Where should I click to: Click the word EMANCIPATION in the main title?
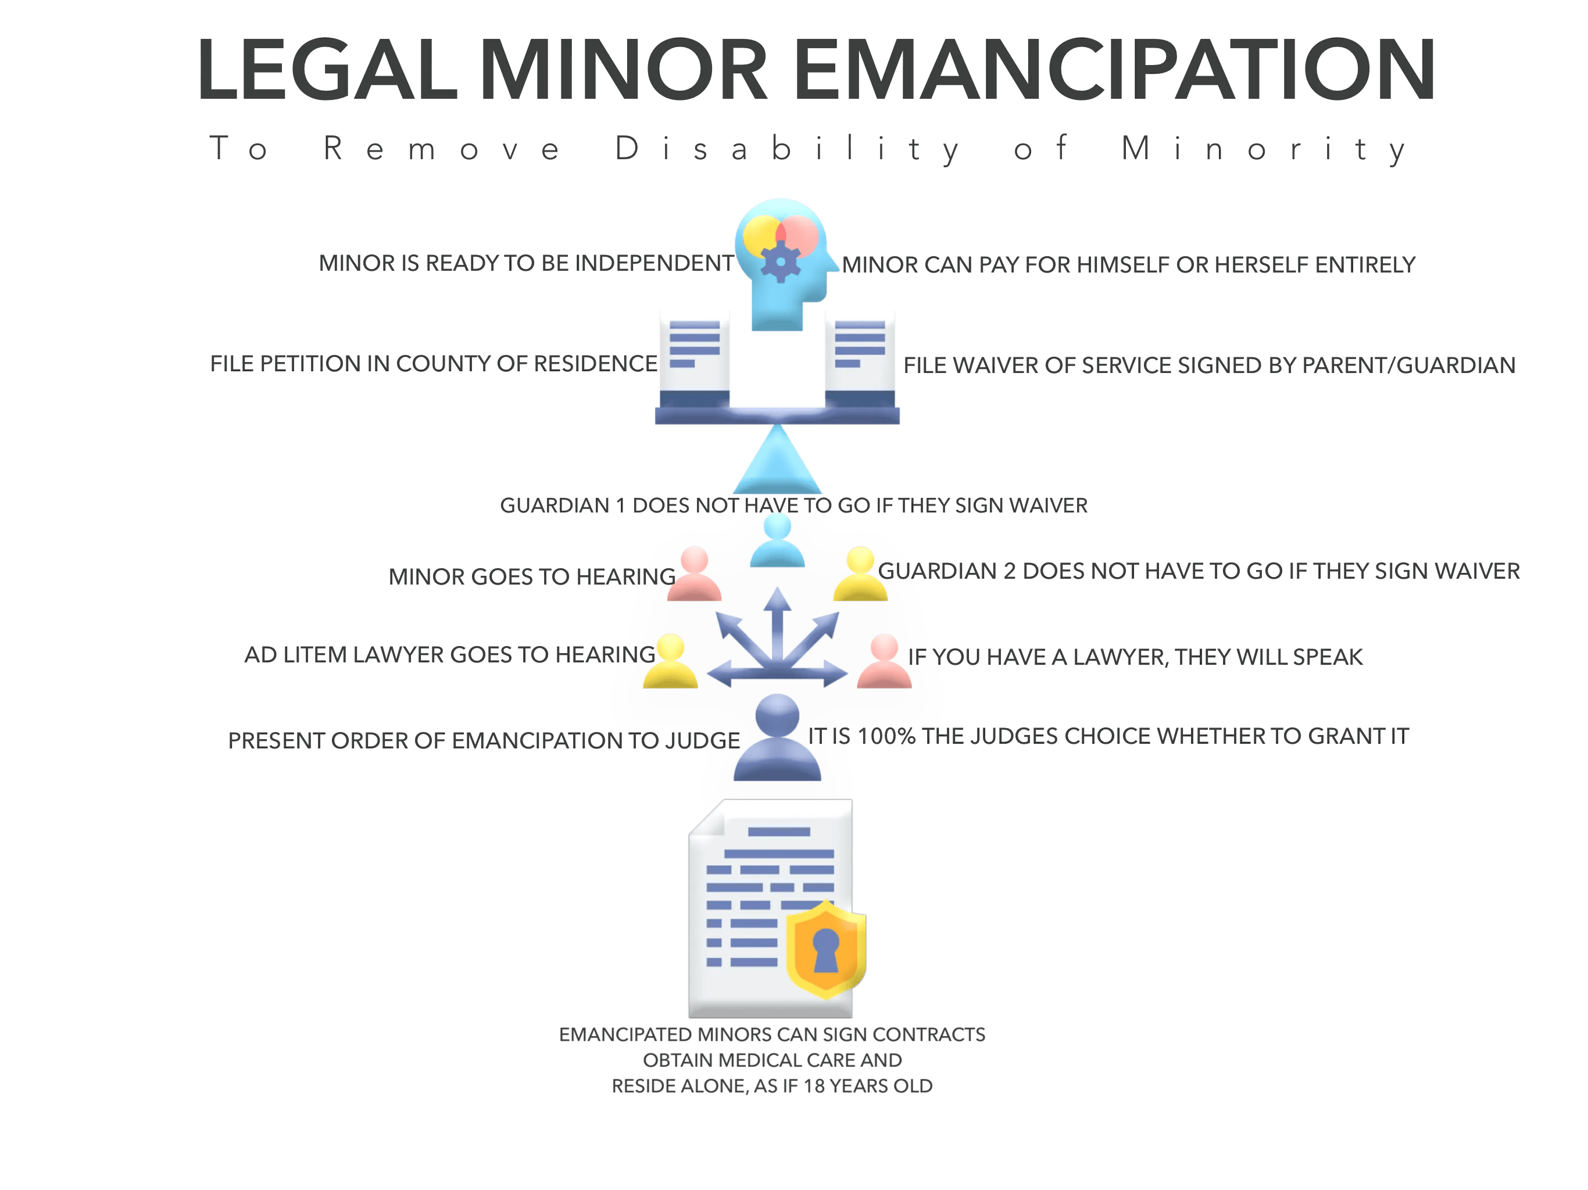click(x=1114, y=70)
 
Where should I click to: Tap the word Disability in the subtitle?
click(x=788, y=149)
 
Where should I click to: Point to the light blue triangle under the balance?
click(x=778, y=463)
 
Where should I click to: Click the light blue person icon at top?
click(x=778, y=540)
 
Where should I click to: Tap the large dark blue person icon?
click(x=778, y=739)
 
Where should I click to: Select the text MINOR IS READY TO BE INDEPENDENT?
click(x=526, y=263)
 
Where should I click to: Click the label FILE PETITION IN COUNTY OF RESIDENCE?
click(x=433, y=364)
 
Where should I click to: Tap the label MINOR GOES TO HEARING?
click(x=531, y=576)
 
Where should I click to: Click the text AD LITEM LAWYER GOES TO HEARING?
click(x=449, y=655)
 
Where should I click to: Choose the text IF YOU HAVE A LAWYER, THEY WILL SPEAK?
click(x=1135, y=657)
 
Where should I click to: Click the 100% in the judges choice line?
click(x=886, y=736)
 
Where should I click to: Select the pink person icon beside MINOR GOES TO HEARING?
click(x=694, y=574)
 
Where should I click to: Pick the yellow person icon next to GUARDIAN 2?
click(x=860, y=574)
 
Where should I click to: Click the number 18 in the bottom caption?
click(x=814, y=1086)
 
